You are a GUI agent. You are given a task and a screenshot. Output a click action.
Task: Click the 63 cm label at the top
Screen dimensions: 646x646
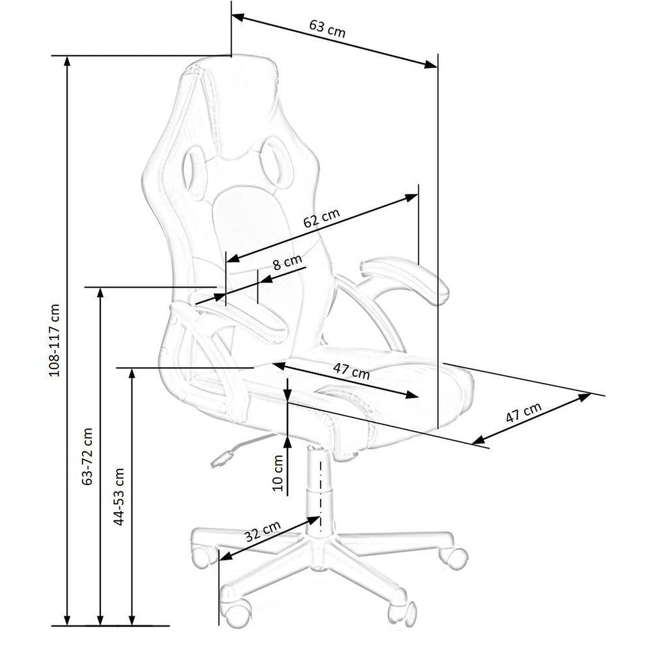pos(327,29)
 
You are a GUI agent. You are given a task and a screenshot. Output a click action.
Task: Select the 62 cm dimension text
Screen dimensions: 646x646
pos(322,218)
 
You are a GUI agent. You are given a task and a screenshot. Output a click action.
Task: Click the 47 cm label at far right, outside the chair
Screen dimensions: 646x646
pos(523,413)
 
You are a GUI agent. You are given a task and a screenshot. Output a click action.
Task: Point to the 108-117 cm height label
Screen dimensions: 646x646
pos(54,340)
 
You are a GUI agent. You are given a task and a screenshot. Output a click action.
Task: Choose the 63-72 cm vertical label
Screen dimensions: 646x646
pos(87,456)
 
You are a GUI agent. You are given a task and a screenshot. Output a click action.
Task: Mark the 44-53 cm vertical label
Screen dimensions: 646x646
pos(119,496)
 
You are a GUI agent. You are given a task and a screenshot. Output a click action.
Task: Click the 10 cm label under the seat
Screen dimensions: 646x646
pos(279,473)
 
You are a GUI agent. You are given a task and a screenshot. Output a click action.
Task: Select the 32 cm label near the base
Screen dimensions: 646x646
pos(262,531)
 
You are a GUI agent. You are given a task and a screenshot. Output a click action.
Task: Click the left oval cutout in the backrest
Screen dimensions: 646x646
pos(194,172)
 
